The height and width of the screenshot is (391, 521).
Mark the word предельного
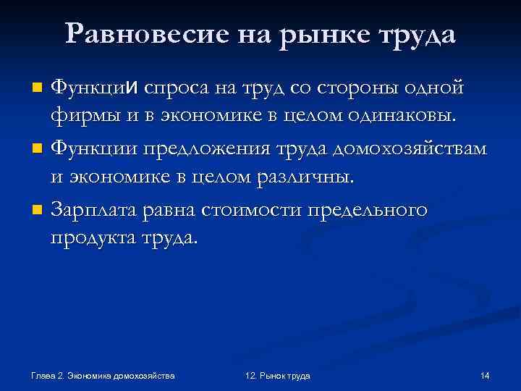click(x=368, y=211)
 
